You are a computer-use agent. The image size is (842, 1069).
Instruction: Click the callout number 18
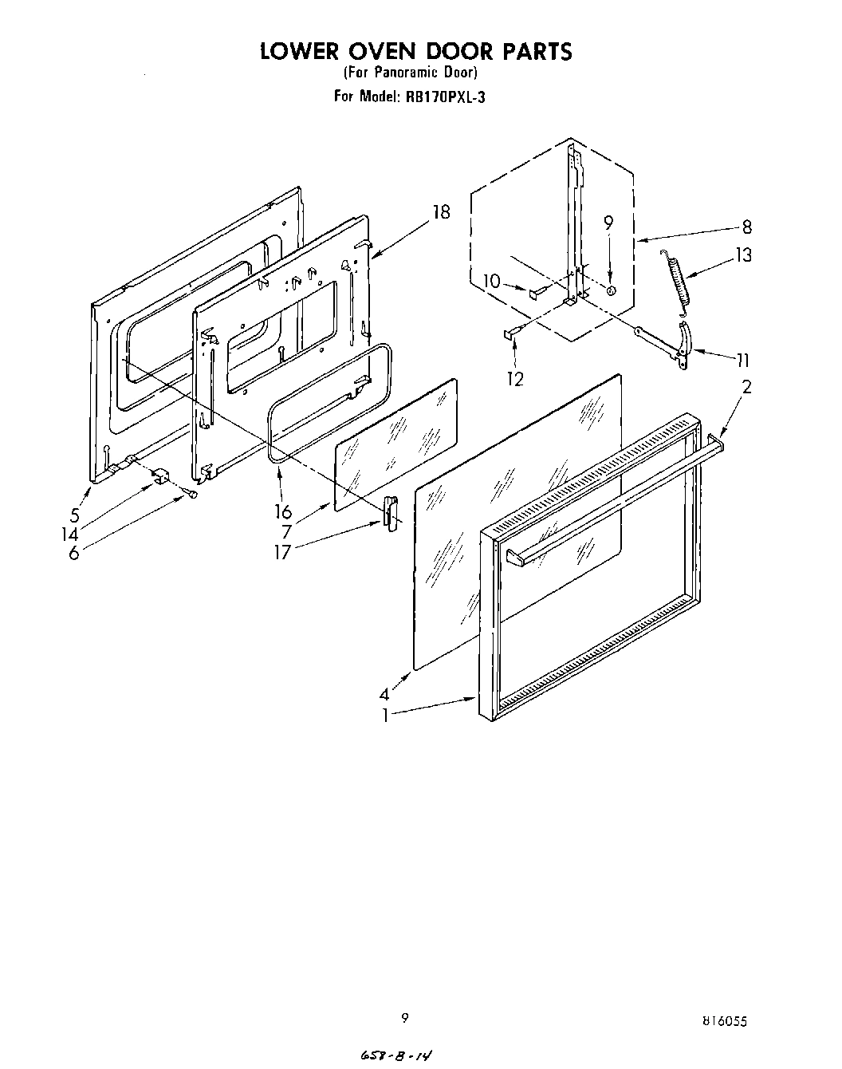(440, 212)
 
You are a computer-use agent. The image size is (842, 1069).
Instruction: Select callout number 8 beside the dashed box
(746, 227)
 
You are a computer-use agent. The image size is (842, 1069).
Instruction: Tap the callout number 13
(744, 255)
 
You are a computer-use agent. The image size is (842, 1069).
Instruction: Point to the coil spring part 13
(676, 275)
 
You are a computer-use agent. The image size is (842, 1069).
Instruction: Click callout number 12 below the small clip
(515, 379)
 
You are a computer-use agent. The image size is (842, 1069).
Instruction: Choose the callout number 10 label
(491, 282)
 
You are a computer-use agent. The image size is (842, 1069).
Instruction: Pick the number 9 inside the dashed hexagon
(608, 224)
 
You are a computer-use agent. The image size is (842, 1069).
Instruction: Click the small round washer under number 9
(610, 291)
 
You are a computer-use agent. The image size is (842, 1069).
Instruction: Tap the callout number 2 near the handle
(746, 388)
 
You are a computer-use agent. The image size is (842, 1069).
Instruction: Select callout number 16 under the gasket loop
(284, 512)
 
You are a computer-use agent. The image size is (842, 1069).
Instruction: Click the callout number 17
(282, 551)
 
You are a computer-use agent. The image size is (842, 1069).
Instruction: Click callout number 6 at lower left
(73, 553)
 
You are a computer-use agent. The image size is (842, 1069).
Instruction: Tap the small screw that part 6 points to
(193, 495)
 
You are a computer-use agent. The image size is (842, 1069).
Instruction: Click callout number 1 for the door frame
(385, 716)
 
